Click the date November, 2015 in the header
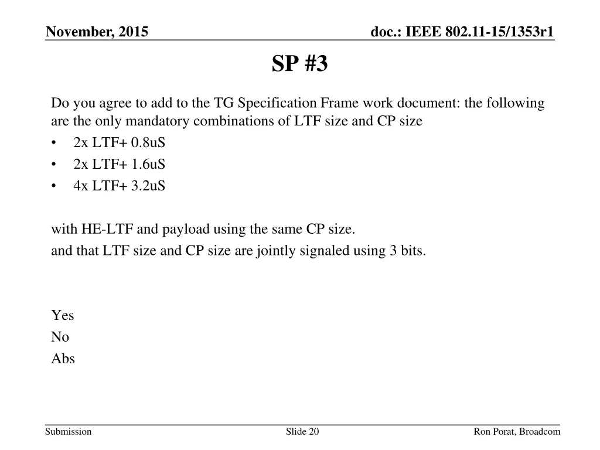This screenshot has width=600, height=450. (97, 32)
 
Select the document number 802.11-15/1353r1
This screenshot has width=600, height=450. (512, 32)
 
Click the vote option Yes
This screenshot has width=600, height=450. (63, 315)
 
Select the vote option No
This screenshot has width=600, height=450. (60, 337)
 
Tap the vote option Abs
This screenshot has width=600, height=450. (63, 359)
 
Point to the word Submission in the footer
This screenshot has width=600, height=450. (69, 432)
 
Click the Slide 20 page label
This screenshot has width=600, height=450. (302, 432)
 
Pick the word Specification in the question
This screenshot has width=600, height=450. (278, 104)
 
